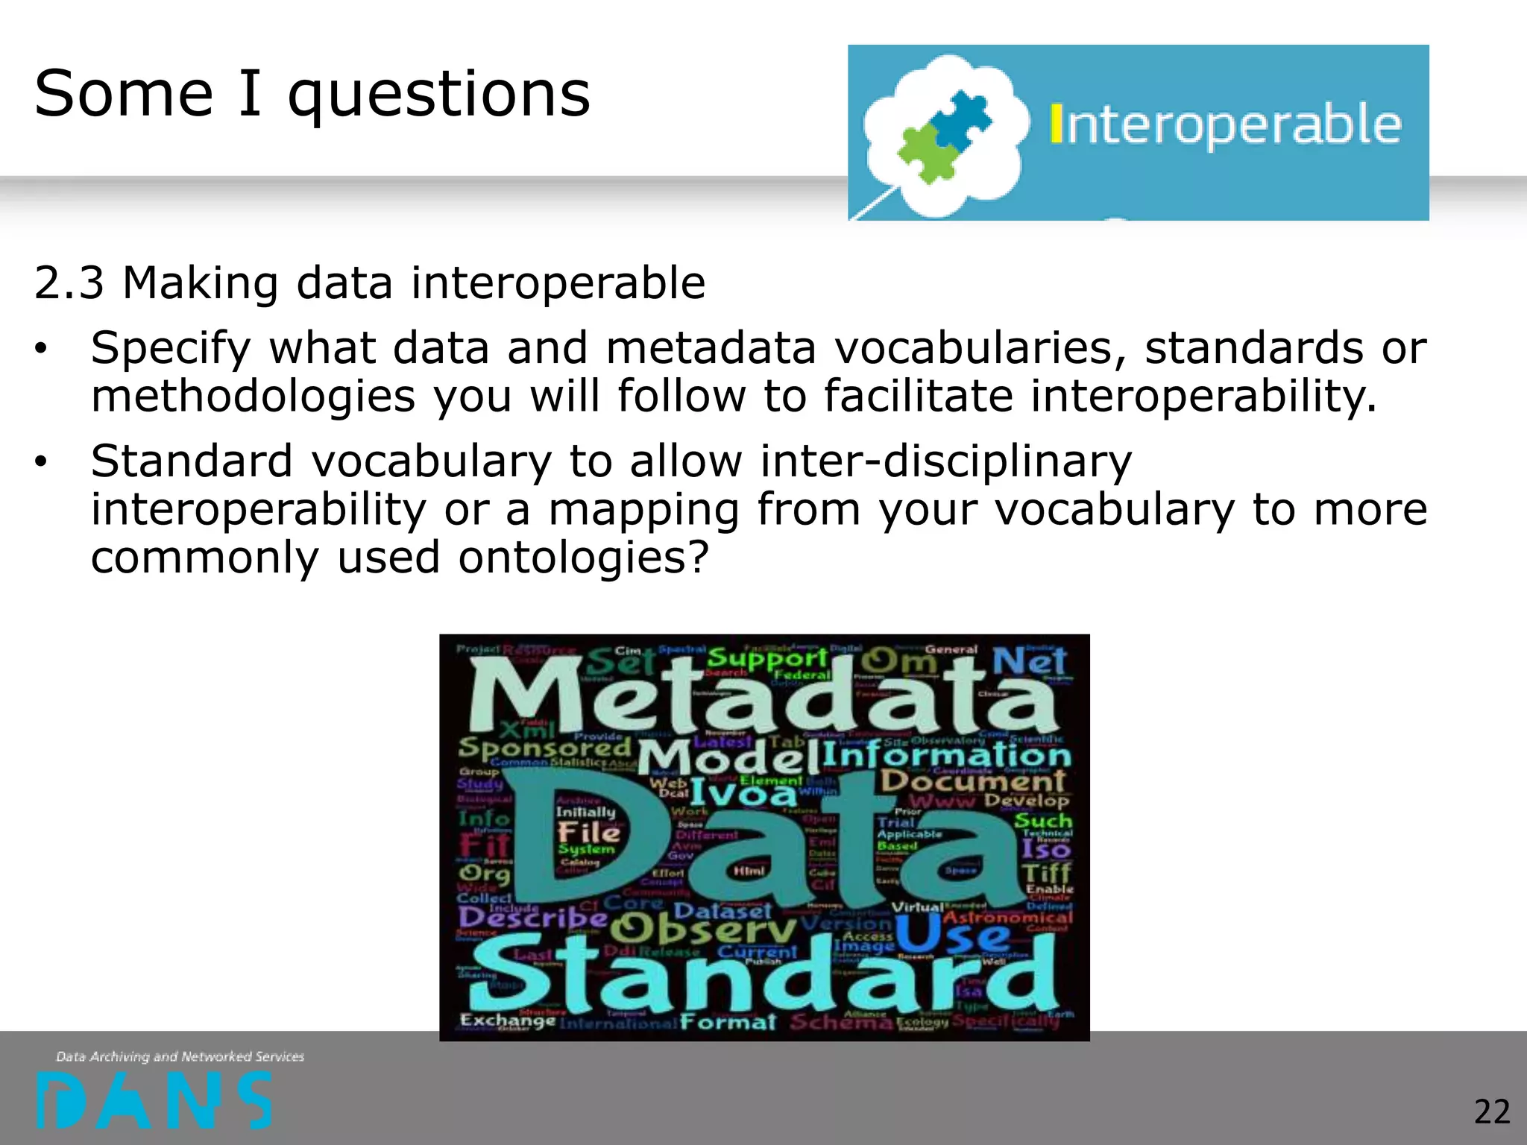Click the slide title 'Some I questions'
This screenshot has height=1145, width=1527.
(312, 94)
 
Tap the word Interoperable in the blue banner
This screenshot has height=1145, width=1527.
(1225, 125)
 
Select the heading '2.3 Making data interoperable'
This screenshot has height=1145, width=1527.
(369, 283)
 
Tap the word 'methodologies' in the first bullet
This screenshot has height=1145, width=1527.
(252, 396)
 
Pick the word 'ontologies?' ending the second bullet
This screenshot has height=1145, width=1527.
(583, 558)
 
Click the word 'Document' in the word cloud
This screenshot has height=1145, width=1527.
(973, 780)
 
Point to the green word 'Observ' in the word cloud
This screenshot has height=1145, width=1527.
(702, 928)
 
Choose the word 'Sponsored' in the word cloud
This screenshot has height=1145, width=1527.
(544, 747)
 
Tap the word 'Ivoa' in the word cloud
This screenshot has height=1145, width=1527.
(743, 793)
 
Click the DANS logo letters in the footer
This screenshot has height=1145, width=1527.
(154, 1100)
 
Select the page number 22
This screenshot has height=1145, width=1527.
(1491, 1111)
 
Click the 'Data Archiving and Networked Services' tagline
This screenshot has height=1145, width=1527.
(180, 1056)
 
